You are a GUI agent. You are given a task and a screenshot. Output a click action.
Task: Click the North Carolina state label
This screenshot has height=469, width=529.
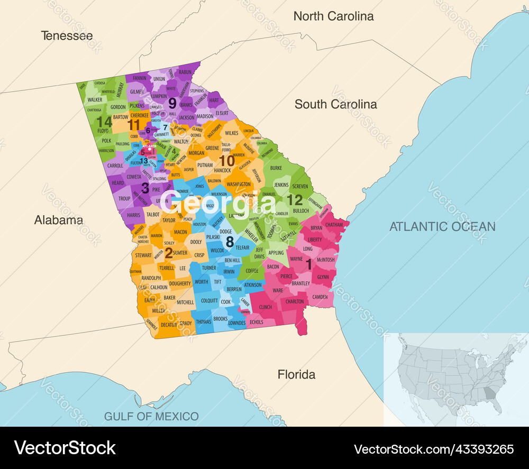[x=333, y=16]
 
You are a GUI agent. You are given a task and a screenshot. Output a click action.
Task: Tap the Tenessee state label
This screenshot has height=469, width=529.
[x=67, y=36]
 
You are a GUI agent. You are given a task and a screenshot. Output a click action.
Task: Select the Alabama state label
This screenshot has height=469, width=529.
[x=59, y=220]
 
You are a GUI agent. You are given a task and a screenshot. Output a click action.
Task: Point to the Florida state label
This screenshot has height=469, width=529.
[x=297, y=375]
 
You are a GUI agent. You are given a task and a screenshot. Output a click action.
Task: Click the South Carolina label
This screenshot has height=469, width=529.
[x=336, y=104]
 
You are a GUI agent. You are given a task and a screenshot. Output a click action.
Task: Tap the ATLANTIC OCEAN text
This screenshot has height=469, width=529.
[x=442, y=227]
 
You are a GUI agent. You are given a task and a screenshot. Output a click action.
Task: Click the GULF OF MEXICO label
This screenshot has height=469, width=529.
[x=151, y=416]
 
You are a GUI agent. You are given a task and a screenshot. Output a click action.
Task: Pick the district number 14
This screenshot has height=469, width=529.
[x=104, y=122]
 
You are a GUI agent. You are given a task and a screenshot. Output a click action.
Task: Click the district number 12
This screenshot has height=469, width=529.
[x=294, y=200]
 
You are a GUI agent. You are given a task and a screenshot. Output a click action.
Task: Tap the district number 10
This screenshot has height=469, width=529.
[x=227, y=160]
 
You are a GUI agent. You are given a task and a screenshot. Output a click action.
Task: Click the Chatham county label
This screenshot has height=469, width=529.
[x=334, y=225]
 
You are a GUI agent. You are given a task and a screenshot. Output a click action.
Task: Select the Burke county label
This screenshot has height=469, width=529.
[x=276, y=168]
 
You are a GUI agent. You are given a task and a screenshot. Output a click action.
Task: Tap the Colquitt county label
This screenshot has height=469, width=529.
[x=209, y=301]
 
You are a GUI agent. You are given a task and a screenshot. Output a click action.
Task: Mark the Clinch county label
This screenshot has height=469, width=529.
[x=265, y=307]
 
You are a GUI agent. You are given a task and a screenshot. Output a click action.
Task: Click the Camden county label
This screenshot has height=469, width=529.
[x=320, y=297]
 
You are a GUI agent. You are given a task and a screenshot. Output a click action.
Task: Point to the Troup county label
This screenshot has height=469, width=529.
[x=124, y=199]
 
